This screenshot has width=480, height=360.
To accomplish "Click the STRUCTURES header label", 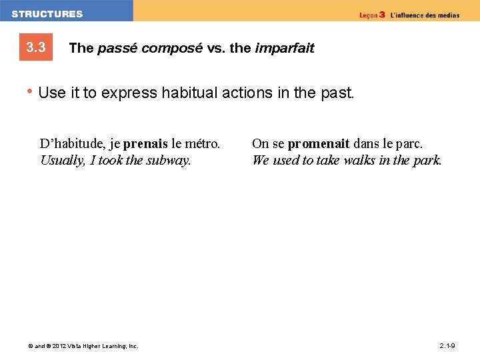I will tap(47, 13).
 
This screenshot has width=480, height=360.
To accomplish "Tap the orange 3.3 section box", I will tap(36, 47).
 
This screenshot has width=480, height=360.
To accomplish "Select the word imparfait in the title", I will tap(284, 48).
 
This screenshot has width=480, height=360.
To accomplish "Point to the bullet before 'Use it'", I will tap(30, 92).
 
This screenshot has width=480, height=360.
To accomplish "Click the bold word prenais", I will tap(145, 143).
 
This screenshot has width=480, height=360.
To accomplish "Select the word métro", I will tap(203, 143).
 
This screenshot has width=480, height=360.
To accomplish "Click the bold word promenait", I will tap(319, 143).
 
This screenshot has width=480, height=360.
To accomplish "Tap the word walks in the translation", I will tap(359, 160).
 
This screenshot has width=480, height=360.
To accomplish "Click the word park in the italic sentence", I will tap(427, 160).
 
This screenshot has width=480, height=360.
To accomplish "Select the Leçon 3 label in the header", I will tap(372, 15).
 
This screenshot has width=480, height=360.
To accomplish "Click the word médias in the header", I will tap(447, 15).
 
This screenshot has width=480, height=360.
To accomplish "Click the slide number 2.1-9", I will tap(447, 345).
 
